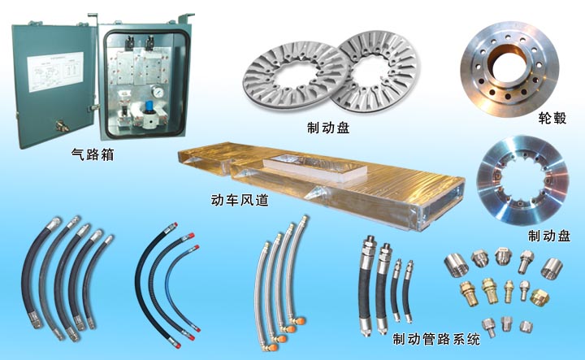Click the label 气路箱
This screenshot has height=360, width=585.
coord(93,154)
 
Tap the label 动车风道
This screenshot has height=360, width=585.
coord(240,201)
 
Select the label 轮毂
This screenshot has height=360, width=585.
coord(552,118)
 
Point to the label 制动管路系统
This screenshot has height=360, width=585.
coord(436,339)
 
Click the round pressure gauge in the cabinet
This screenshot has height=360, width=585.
coord(157,91)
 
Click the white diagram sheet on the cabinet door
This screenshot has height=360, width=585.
coord(55,72)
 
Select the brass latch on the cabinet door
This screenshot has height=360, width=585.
coord(62,126)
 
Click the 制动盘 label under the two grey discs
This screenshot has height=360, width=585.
coord(328,128)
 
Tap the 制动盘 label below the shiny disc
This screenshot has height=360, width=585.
coord(549,236)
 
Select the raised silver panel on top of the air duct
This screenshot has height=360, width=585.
coord(314,168)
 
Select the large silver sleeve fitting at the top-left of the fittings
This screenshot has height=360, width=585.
coord(453,265)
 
